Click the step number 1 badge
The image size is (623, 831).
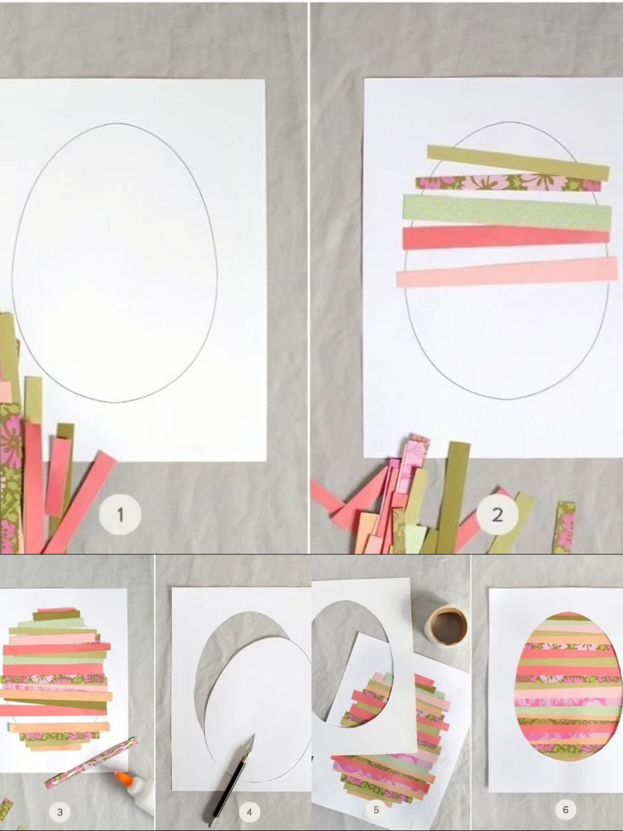[120, 515]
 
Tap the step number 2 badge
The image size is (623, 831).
[497, 514]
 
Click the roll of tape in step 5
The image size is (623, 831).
[447, 626]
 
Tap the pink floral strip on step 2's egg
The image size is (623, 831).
[508, 184]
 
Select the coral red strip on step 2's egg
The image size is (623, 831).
[506, 238]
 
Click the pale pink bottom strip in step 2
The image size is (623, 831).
[507, 272]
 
